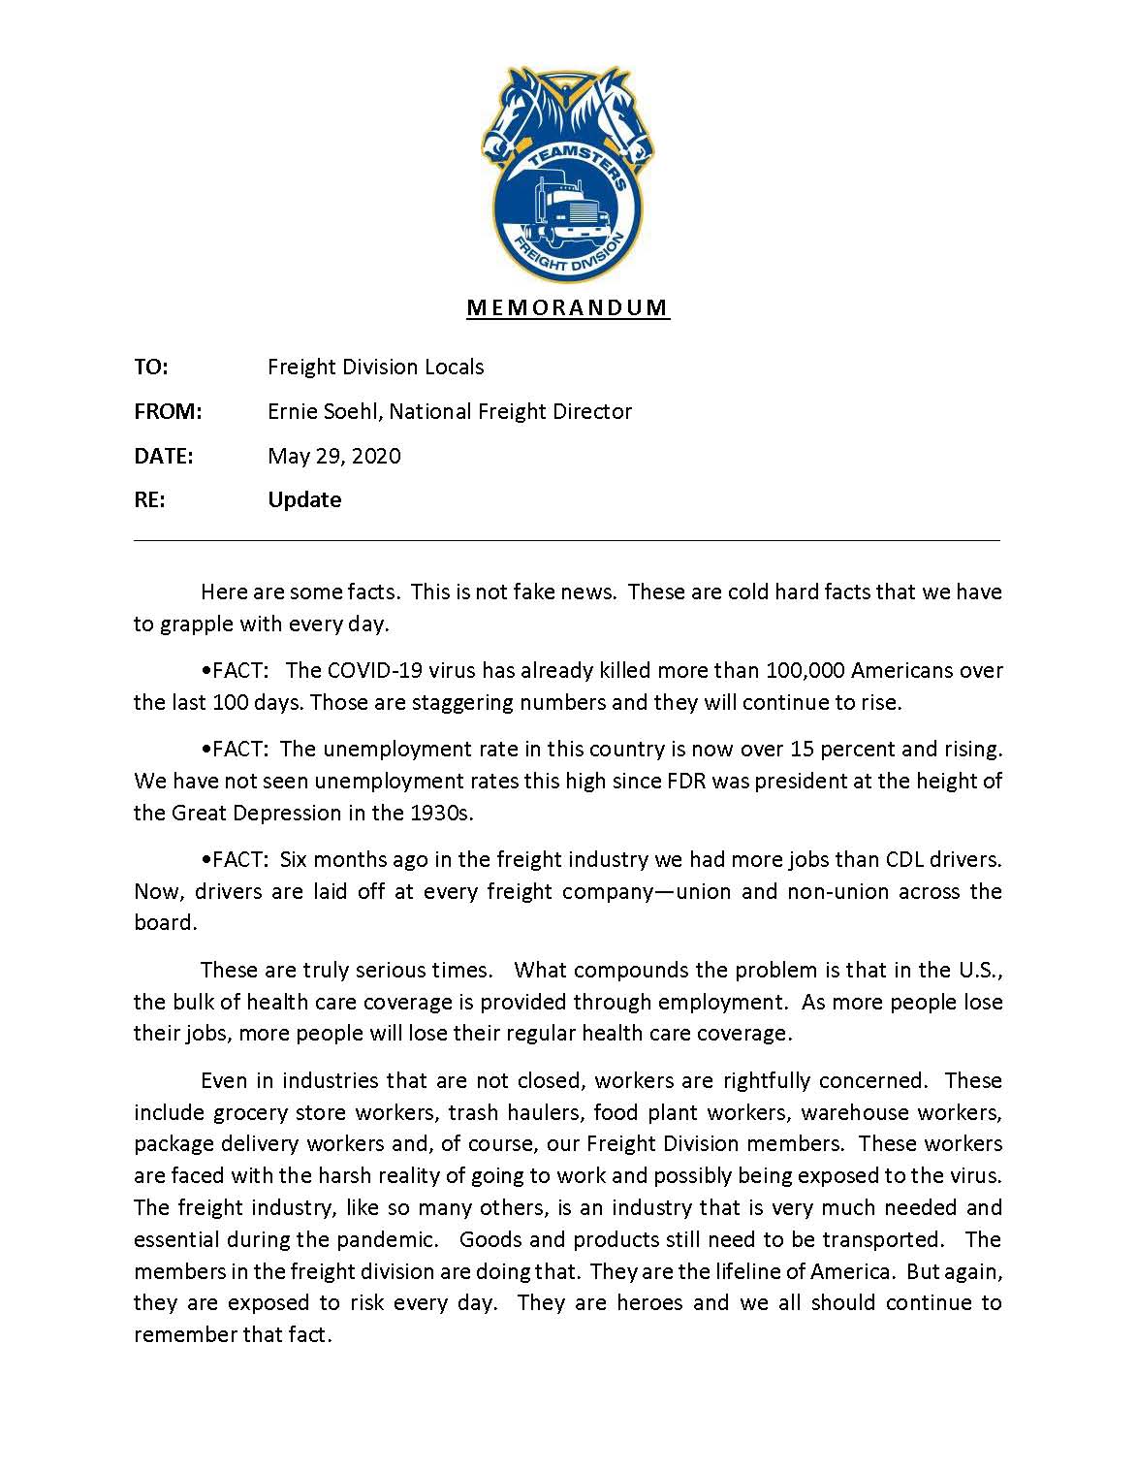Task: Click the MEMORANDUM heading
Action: (568, 308)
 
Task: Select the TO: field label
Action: (151, 368)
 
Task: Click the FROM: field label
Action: (168, 412)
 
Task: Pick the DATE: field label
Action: (163, 457)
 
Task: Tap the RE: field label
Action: (149, 500)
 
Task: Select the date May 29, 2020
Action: (334, 457)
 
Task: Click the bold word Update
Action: (304, 500)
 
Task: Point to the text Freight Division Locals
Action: (376, 368)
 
